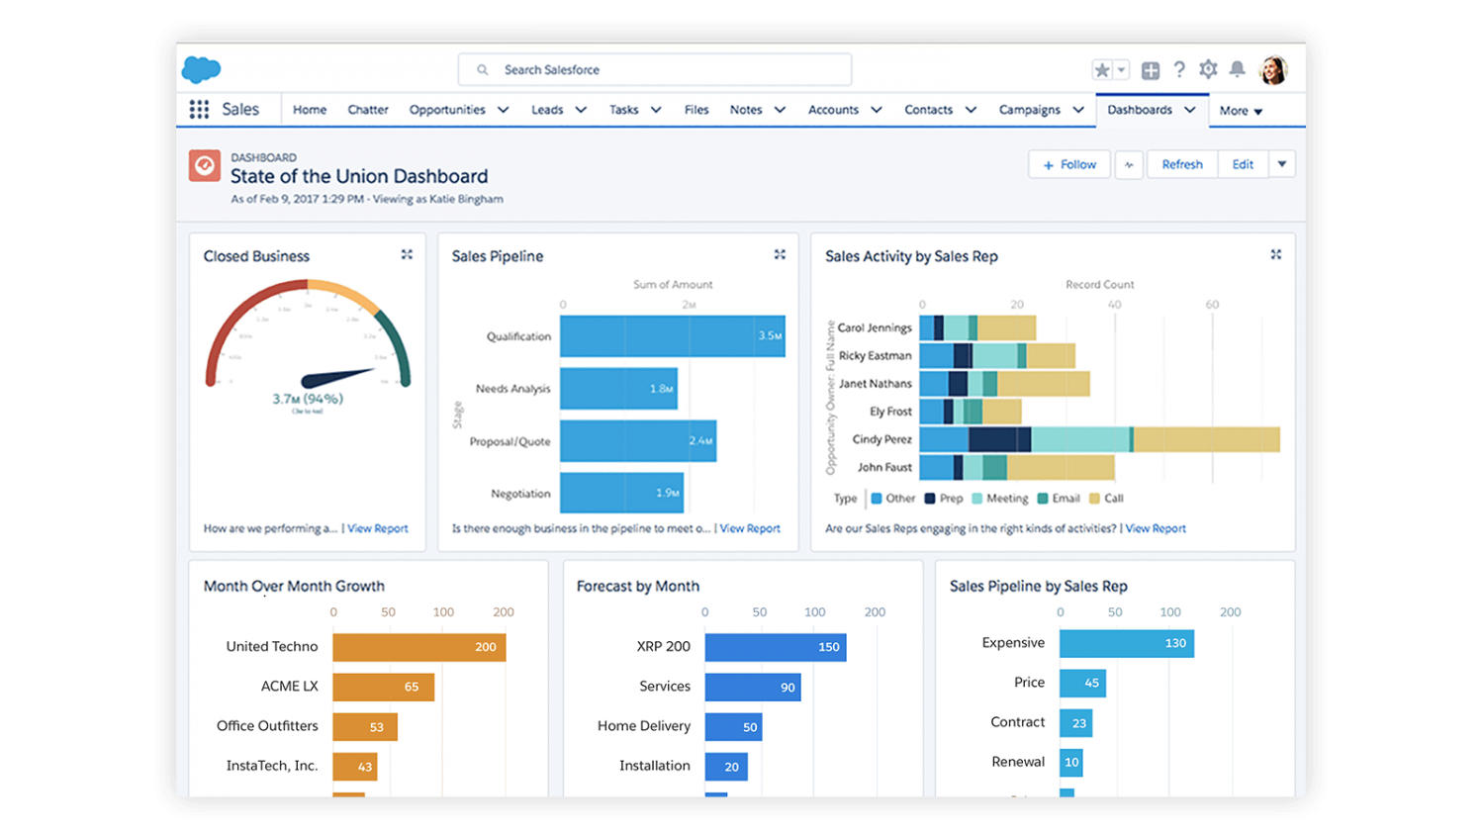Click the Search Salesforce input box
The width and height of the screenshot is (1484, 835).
654,70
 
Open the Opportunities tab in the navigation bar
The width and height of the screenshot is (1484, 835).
447,110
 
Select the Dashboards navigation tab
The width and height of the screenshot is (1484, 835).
1140,110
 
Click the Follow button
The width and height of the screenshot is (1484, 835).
1069,165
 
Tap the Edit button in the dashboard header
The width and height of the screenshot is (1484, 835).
1243,165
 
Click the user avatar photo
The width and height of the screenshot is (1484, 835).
1272,70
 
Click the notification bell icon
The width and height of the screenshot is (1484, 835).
1237,69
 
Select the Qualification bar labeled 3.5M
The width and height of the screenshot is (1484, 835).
672,336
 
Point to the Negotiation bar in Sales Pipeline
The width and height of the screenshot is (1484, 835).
621,493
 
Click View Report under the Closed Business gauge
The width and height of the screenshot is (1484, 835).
377,528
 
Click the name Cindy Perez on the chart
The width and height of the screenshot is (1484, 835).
881,439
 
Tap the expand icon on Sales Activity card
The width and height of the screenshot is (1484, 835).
1275,255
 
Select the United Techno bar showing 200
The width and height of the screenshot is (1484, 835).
418,647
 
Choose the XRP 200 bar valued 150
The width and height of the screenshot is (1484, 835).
775,647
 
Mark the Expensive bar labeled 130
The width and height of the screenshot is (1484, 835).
1126,643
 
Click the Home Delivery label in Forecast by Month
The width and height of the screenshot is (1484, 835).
644,726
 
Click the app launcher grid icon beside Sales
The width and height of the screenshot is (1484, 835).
199,110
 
